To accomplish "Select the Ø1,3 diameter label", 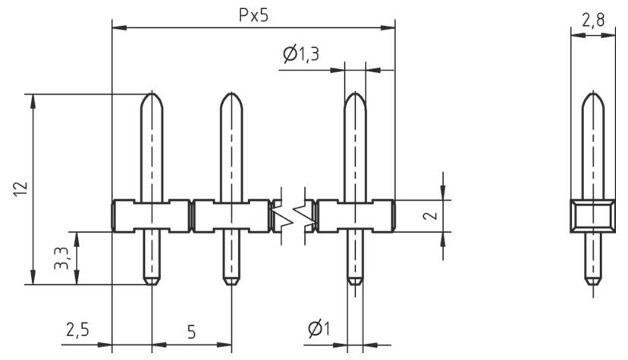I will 300,55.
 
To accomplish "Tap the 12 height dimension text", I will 20,189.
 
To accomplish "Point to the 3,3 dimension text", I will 64,258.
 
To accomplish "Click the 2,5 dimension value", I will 77,330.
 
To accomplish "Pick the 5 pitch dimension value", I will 191,331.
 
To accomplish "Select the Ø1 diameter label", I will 319,330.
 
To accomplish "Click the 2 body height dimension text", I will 430,215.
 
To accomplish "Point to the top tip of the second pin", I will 231,96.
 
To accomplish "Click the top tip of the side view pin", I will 593,96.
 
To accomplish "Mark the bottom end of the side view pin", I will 593,282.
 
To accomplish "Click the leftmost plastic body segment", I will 152,215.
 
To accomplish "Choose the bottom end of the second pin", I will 231,282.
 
